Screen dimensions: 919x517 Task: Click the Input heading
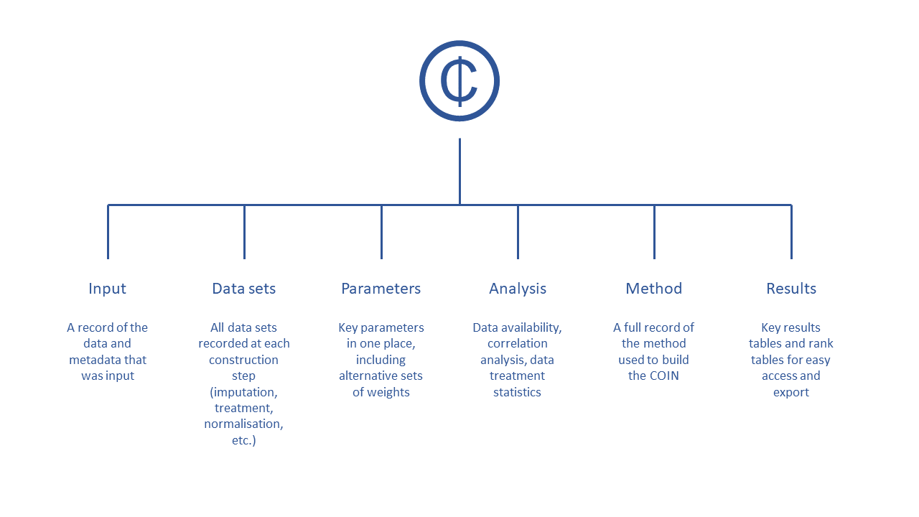108,289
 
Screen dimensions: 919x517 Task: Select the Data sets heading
243,289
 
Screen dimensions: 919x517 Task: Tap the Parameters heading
381,289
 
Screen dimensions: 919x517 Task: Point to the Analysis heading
518,289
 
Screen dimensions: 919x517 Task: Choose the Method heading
654,289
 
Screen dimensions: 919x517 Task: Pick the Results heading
791,289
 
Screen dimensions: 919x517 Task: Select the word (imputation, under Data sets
243,392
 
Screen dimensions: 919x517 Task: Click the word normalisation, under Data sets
243,424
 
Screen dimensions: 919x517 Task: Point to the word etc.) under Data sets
243,440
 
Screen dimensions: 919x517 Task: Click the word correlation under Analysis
518,343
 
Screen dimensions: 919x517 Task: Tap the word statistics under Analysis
517,392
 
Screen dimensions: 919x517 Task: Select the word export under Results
791,393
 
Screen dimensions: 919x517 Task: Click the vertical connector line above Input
108,232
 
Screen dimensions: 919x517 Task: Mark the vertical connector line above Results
791,232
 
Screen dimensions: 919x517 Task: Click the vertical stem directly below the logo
459,171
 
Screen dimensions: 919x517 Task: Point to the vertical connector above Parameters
381,232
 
